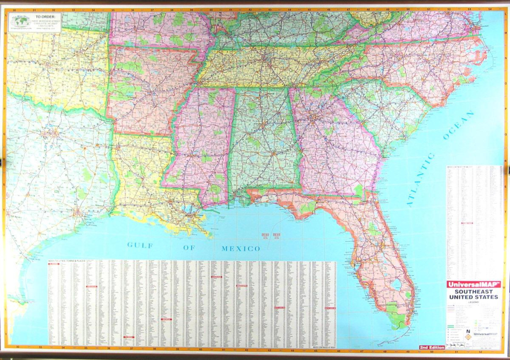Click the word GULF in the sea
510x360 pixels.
point(139,244)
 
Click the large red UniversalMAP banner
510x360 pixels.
point(473,284)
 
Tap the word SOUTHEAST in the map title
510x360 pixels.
point(473,291)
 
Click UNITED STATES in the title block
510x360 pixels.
point(473,297)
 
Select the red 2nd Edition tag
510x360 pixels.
point(432,347)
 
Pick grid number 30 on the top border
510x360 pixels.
point(13,9)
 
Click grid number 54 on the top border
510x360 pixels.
point(489,9)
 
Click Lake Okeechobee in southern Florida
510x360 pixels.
point(396,284)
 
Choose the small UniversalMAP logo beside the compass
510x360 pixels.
point(486,334)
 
